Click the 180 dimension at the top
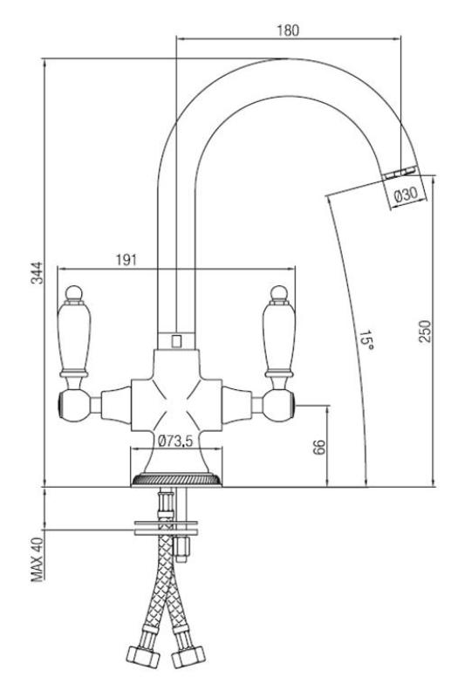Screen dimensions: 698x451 tap(288, 30)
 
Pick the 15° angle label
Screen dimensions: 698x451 tap(367, 339)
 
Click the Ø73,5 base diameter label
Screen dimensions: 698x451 tap(175, 441)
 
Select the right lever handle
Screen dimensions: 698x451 tap(279, 332)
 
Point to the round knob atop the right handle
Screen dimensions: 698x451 tap(279, 291)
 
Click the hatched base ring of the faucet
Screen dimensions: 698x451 tap(174, 479)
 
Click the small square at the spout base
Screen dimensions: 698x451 tap(175, 339)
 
